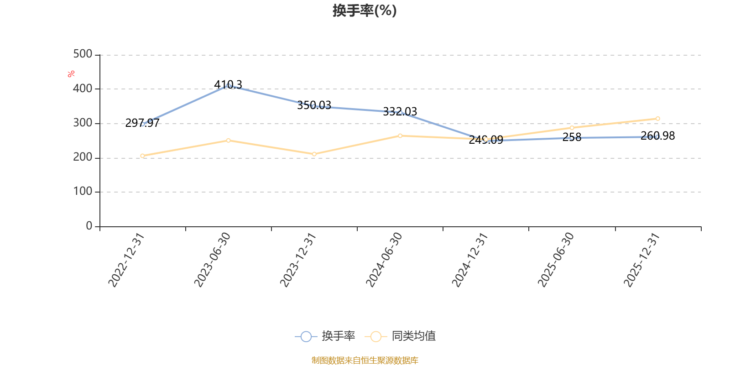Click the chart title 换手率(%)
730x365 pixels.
pos(365,10)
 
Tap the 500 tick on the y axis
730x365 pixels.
pos(83,54)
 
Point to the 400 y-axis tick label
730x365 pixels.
pos(83,89)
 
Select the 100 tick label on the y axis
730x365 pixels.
pos(83,192)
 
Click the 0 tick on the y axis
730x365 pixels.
pos(89,226)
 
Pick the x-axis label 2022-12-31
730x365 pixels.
pos(126,260)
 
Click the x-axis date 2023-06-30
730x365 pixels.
pos(212,260)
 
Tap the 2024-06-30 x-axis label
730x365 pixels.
pos(384,260)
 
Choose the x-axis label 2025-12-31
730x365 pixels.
pos(642,260)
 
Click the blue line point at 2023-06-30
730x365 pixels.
pos(229,86)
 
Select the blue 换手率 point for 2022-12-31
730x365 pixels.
pos(143,124)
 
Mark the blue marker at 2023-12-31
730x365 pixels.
pos(314,106)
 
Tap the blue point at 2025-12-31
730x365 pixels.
pos(657,136)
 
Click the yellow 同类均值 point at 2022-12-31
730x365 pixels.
pos(143,156)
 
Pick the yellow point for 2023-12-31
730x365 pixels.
pos(314,154)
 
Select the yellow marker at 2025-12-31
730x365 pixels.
pos(657,119)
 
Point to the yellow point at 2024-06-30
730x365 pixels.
pos(400,136)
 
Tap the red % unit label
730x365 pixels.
pos(71,74)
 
